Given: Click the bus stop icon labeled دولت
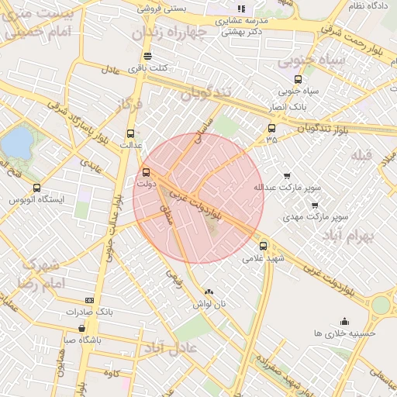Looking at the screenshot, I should (147, 172).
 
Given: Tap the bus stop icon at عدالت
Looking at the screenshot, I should (130, 132).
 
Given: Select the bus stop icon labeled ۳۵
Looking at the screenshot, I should (271, 128).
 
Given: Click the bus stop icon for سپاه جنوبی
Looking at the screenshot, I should (299, 79).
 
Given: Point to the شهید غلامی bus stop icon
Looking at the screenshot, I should (264, 246).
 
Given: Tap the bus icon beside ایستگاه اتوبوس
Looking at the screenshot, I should (36, 188).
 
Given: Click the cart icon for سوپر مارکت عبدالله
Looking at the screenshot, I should (287, 176).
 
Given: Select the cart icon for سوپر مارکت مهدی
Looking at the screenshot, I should (314, 205).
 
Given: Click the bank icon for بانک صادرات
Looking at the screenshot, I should (89, 300).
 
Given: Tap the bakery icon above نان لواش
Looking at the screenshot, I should (208, 292).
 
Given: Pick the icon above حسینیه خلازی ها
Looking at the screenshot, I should (344, 321).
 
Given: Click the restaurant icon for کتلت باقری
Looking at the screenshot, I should (147, 56).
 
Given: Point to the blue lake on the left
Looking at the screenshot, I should (17, 143).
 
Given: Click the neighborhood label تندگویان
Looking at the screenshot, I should (206, 94).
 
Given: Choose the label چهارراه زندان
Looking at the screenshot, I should (170, 34).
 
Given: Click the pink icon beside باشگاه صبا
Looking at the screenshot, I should (104, 339).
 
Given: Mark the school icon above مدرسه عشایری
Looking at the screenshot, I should (241, 8).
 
